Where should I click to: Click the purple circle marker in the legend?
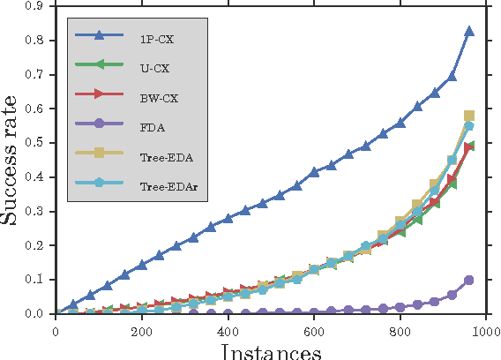[x=99, y=125]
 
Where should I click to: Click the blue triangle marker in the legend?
[x=99, y=35]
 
